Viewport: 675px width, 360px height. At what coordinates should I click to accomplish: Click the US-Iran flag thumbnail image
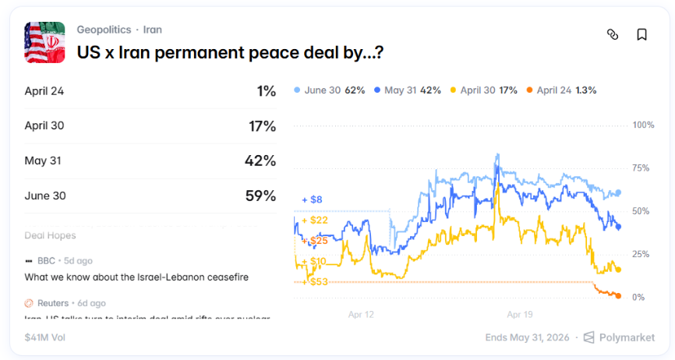pyautogui.click(x=44, y=43)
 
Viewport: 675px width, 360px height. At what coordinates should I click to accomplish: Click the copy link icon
pyautogui.click(x=613, y=34)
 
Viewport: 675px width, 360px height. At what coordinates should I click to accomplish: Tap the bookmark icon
pyautogui.click(x=641, y=34)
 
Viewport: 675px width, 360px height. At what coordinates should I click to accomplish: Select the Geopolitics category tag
pyautogui.click(x=103, y=30)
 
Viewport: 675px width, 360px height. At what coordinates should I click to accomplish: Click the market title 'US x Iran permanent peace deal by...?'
pyautogui.click(x=230, y=53)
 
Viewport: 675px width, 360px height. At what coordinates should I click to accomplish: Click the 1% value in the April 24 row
pyautogui.click(x=266, y=91)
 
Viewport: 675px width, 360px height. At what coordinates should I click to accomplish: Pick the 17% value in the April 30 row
pyautogui.click(x=261, y=126)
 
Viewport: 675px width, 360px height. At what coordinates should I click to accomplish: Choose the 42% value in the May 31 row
pyautogui.click(x=260, y=161)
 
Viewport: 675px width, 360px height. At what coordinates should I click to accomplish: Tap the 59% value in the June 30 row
pyautogui.click(x=260, y=196)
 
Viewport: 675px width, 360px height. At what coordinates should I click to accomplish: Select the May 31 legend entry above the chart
pyautogui.click(x=408, y=90)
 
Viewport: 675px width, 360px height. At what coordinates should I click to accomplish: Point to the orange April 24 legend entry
pyautogui.click(x=561, y=90)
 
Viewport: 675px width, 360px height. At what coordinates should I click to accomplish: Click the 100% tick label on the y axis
pyautogui.click(x=643, y=125)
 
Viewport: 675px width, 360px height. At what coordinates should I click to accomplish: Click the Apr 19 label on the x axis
pyautogui.click(x=519, y=315)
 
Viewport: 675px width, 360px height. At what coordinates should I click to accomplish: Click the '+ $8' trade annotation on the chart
pyautogui.click(x=312, y=200)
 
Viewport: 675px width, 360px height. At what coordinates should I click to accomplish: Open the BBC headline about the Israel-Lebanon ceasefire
pyautogui.click(x=136, y=277)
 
